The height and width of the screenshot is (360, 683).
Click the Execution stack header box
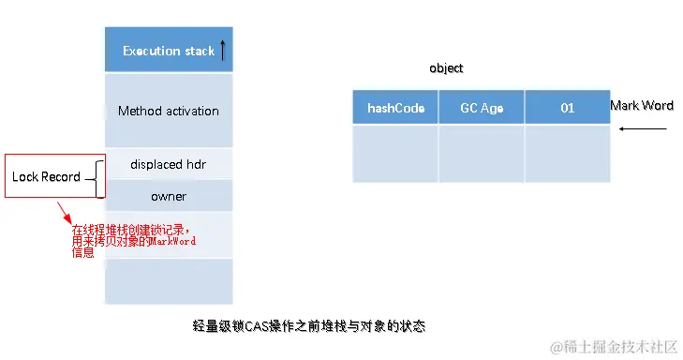click(169, 50)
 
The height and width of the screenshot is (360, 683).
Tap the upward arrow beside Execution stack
click(223, 50)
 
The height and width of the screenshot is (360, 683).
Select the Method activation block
click(169, 111)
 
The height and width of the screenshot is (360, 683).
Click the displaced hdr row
click(169, 164)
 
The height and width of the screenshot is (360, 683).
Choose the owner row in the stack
click(169, 197)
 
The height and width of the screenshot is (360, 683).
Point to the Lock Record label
click(46, 176)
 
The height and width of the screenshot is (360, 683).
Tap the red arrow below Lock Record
click(65, 213)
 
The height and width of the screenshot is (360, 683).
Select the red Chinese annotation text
click(134, 241)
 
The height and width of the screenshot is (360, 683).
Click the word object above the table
click(446, 68)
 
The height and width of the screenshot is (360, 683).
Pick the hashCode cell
click(395, 107)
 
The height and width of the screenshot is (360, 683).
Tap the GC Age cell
click(482, 107)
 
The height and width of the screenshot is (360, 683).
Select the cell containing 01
click(568, 107)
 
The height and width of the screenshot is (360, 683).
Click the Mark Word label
click(642, 106)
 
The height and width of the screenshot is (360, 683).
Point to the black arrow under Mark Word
click(643, 128)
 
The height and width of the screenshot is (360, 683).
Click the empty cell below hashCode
click(395, 154)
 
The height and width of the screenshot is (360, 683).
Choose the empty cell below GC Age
click(482, 154)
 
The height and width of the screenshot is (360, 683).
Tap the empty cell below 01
click(568, 154)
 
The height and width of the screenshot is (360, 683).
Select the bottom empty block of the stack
click(169, 281)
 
